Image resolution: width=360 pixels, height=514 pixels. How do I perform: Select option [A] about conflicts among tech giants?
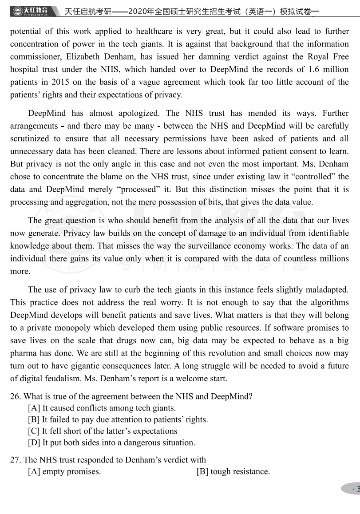click(x=102, y=408)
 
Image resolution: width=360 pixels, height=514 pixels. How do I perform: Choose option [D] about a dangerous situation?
click(x=111, y=443)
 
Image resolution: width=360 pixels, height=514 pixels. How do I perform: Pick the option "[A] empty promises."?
click(x=64, y=471)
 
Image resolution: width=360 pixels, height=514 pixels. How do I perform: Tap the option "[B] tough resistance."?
click(x=233, y=471)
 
